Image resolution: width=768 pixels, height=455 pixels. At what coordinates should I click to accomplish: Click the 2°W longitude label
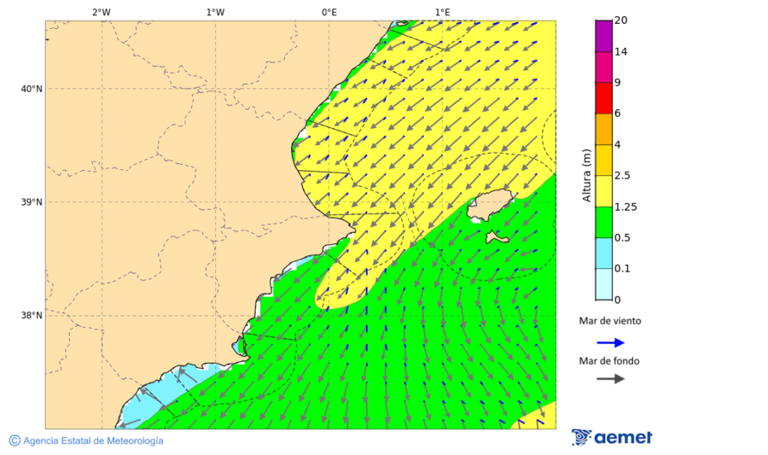coord(101,12)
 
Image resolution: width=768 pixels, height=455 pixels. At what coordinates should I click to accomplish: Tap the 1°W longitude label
coord(215,12)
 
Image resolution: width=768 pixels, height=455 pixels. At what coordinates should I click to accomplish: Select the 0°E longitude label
coord(329,12)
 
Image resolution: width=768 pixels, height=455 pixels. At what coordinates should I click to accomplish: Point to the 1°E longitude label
coord(443,12)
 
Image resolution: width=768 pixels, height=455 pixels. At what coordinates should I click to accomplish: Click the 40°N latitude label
coord(32,89)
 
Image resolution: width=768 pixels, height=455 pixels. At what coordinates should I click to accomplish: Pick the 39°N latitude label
coord(32,202)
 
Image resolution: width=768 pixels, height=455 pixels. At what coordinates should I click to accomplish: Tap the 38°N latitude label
coord(32,316)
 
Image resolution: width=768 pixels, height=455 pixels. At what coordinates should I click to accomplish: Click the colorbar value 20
coord(621,20)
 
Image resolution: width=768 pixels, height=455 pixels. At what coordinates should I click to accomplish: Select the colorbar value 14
coord(621,51)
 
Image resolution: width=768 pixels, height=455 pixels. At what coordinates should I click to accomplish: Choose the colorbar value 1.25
coord(625,207)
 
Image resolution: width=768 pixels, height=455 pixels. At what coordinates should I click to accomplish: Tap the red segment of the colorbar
coord(603,98)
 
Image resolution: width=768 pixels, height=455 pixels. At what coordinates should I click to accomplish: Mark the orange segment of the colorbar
coord(603,129)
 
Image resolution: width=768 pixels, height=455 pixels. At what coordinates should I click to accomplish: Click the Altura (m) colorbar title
coord(586,176)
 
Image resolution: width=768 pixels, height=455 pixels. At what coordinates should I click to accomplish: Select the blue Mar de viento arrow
coord(610,342)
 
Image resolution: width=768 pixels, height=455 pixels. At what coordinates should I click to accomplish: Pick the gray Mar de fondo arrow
coord(610,379)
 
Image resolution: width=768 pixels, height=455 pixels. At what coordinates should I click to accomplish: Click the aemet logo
coord(612,437)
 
